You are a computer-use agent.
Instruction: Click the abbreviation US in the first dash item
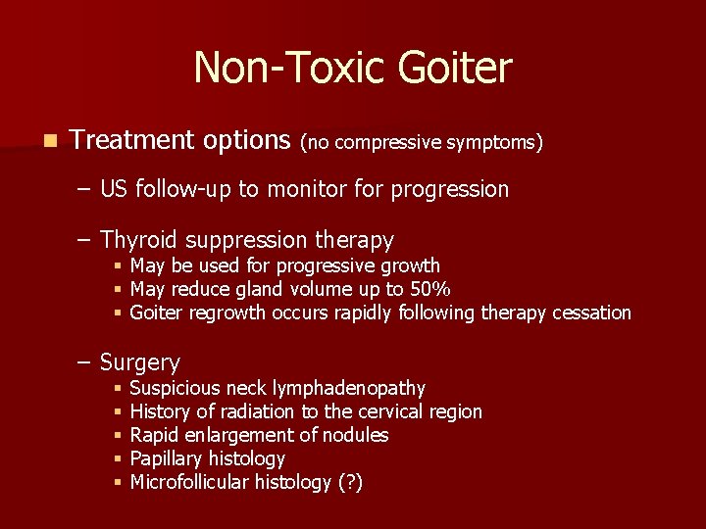coord(114,189)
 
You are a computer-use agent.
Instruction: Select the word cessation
coord(591,313)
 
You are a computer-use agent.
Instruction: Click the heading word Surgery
coord(140,362)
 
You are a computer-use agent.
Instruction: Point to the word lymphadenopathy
coord(354,389)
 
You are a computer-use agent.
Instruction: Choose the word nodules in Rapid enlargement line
coord(355,435)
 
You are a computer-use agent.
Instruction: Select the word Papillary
coord(167,458)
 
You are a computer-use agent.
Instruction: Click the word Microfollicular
coord(190,482)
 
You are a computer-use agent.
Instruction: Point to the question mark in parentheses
coord(348,482)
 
